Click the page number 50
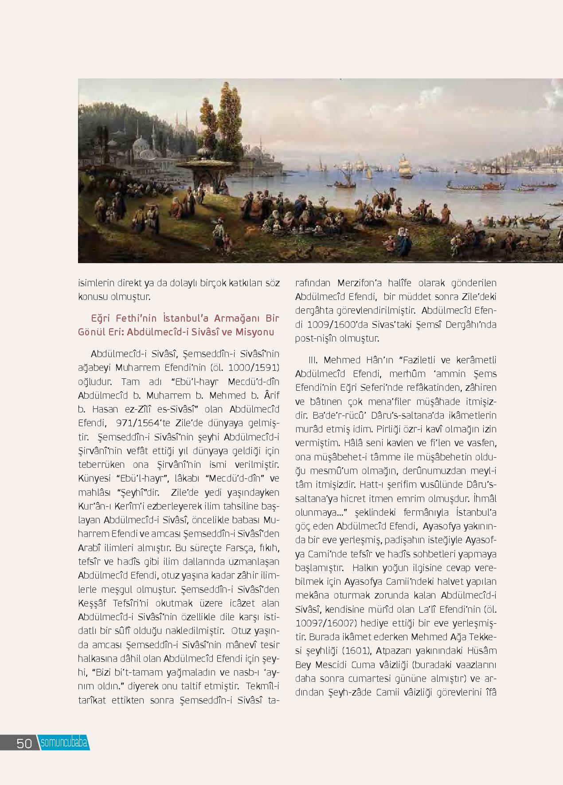24,743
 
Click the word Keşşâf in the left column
91,603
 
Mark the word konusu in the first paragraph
94,296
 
